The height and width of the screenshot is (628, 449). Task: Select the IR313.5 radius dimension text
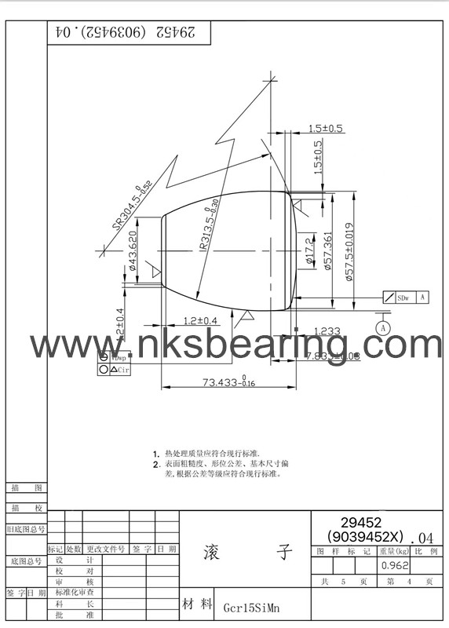point(206,229)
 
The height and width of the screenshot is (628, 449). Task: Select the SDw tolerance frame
point(424,298)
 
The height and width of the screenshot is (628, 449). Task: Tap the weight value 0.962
point(394,565)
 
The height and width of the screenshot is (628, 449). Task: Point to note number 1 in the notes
point(157,454)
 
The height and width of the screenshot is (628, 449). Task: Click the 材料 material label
point(197,604)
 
